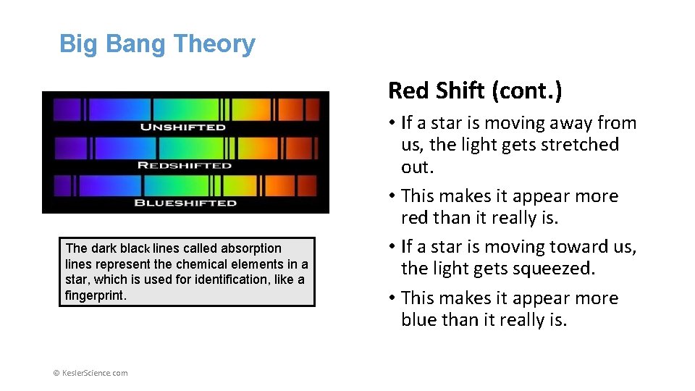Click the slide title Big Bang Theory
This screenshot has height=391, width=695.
(157, 44)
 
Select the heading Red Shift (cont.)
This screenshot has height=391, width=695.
(475, 91)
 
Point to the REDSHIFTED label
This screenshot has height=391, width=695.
(185, 165)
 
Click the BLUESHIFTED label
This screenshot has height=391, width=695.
(185, 203)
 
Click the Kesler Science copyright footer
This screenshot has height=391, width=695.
(90, 373)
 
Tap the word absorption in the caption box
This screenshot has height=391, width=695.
(251, 248)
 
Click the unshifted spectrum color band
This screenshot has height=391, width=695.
(186, 109)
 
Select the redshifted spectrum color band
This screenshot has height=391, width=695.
(186, 148)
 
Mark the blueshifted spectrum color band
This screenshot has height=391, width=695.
(186, 186)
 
